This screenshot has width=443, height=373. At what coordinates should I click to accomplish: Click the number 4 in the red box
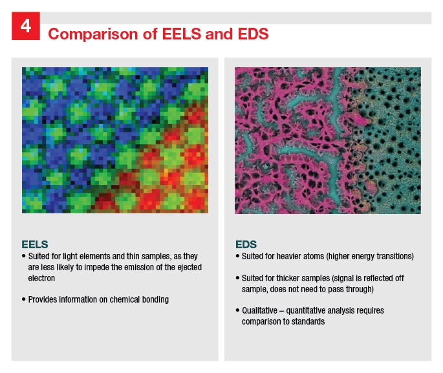click(25, 27)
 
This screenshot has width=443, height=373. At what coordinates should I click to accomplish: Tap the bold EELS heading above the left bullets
click(34, 245)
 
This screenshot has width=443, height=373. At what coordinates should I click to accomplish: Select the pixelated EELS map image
click(116, 140)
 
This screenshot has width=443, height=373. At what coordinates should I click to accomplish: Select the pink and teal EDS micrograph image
click(328, 140)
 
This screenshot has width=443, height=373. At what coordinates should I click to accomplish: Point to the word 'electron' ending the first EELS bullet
click(42, 278)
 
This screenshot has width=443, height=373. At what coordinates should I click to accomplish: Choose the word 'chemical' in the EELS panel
click(130, 299)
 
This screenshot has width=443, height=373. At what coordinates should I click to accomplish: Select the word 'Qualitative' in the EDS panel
click(261, 310)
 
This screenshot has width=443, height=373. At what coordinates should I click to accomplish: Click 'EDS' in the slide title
click(254, 34)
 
